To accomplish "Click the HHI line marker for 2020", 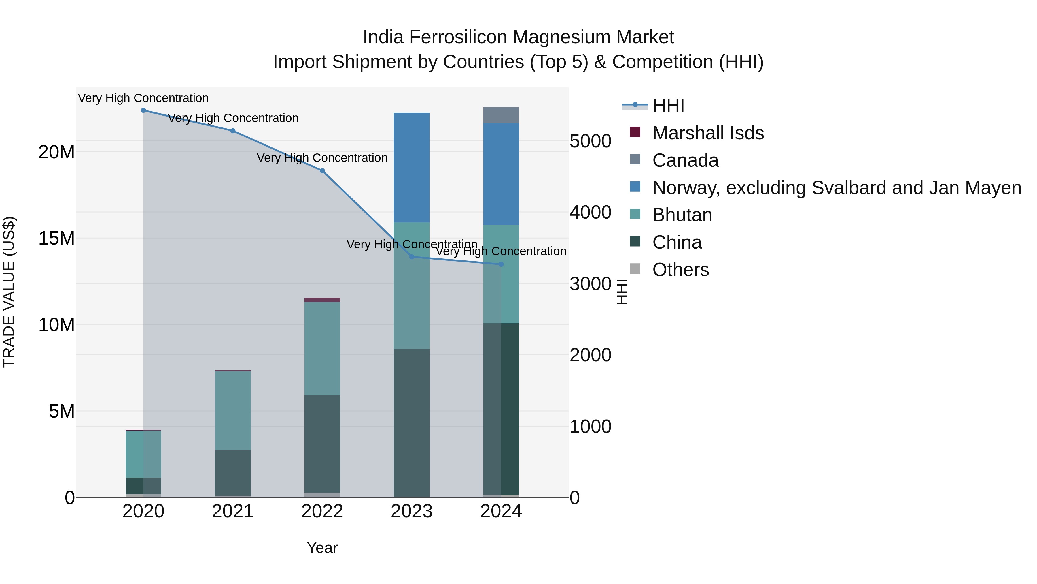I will tap(143, 110).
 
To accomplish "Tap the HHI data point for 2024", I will tap(501, 264).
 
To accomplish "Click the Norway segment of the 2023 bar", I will tap(411, 167).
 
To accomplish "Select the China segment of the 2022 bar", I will tap(322, 443).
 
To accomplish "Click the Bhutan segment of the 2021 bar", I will tap(233, 410).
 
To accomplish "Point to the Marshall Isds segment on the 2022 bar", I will tap(322, 300).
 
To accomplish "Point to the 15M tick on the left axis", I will tap(56, 238).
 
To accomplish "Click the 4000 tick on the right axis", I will tap(590, 212).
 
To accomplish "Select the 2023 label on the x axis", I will tap(411, 511).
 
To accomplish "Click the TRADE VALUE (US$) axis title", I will tap(9, 292).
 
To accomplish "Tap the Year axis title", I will tap(322, 548).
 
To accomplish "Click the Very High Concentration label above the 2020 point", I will tap(143, 98).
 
